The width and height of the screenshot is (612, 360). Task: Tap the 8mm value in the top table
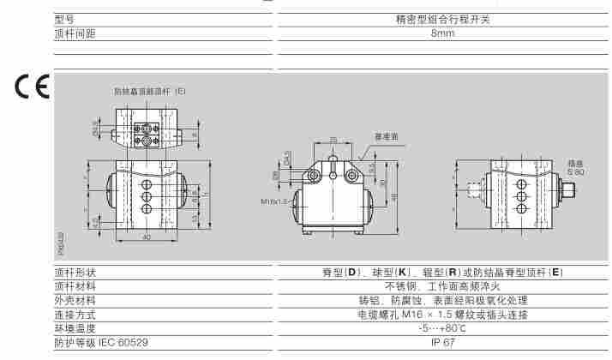click(442, 33)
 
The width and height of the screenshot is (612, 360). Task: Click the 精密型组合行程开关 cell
click(442, 18)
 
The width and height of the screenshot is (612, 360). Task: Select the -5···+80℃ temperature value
click(442, 328)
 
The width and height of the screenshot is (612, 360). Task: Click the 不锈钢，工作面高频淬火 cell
click(442, 287)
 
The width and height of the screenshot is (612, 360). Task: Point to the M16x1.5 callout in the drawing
click(274, 203)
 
